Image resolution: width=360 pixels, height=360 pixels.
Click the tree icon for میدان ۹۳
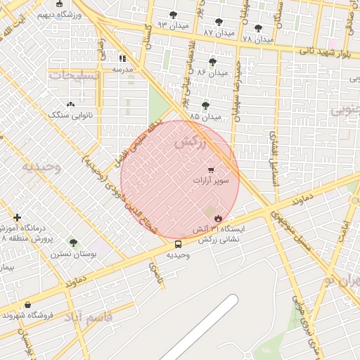pyautogui.click(x=174, y=15)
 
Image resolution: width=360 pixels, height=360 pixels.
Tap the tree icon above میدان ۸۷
pyautogui.click(x=219, y=22)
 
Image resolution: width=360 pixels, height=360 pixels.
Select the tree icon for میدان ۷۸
pyautogui.click(x=258, y=29)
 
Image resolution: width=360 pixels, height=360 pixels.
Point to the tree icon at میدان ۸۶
pyautogui.click(x=212, y=62)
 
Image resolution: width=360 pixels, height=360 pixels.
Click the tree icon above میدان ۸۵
pyautogui.click(x=205, y=105)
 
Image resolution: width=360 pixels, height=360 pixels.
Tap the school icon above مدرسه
pyautogui.click(x=123, y=59)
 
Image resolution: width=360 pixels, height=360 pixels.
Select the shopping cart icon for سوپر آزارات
pyautogui.click(x=211, y=169)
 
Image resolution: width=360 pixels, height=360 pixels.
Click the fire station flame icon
pyautogui.click(x=218, y=219)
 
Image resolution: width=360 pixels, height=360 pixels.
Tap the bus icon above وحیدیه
pyautogui.click(x=177, y=245)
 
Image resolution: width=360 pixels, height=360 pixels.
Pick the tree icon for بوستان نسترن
pyautogui.click(x=73, y=243)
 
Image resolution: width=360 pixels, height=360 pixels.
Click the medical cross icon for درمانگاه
pyautogui.click(x=18, y=218)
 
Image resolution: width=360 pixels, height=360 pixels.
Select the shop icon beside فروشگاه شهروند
pyautogui.click(x=27, y=304)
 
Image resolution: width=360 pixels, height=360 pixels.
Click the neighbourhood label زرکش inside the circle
pyautogui.click(x=189, y=142)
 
